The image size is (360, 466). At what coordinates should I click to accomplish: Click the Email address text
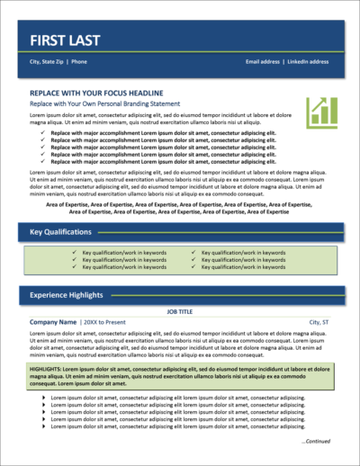pos(263,62)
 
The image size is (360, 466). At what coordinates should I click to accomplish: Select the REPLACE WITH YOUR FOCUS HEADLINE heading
pos(95,94)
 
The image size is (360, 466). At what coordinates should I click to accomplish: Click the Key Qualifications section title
pos(60,232)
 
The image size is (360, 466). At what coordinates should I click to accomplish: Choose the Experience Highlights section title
pos(67,293)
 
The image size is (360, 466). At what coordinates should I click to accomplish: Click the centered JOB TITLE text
pos(180,310)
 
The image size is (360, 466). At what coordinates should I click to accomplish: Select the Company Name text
pos(53,321)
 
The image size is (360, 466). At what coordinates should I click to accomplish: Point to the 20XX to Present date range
pos(107,321)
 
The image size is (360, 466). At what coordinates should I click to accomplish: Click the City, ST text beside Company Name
pos(319,321)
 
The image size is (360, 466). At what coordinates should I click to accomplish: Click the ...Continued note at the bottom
pos(316,442)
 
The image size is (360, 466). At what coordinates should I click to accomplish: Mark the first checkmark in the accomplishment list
pos(43,132)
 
